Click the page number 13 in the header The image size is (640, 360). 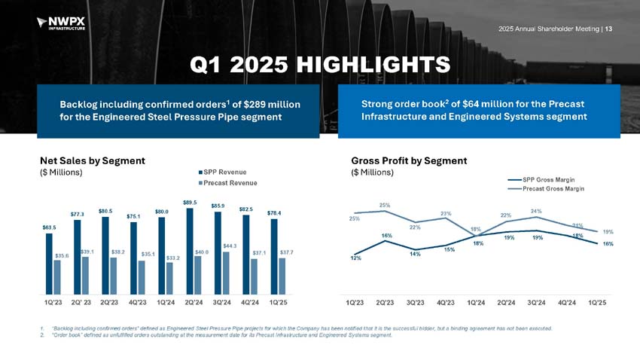(609, 29)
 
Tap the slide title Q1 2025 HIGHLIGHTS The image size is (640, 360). (320, 65)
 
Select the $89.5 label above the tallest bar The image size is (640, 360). (190, 202)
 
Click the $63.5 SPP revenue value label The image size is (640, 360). (48, 226)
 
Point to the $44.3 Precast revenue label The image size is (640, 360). (230, 246)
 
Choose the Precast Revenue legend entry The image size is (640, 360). (227, 183)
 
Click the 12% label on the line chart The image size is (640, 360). (355, 259)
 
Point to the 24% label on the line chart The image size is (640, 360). (536, 211)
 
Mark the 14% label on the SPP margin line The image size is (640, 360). (415, 254)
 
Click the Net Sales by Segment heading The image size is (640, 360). (93, 160)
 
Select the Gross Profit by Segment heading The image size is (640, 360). (409, 160)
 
